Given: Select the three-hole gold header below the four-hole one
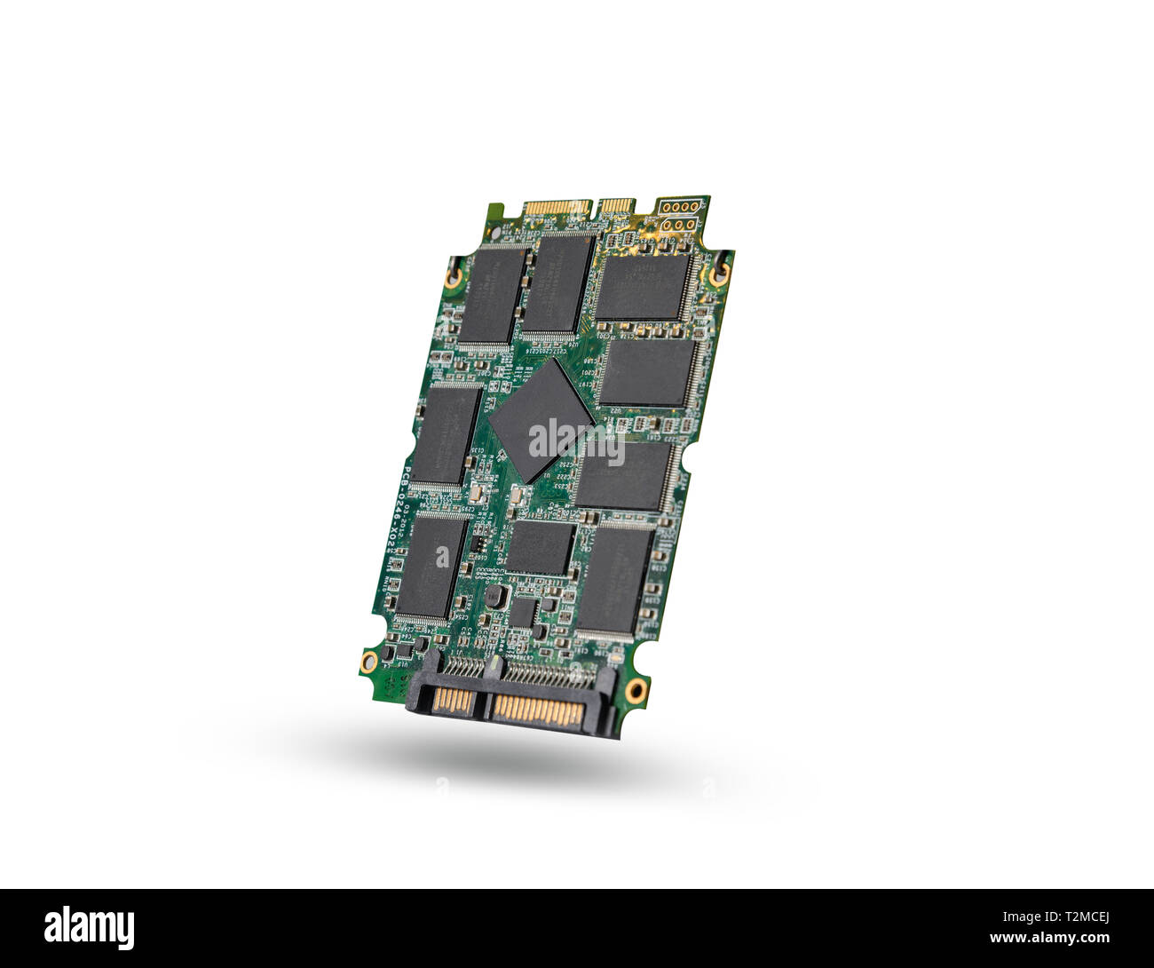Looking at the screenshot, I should click(677, 225).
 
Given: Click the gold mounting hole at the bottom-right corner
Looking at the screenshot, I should click(634, 690).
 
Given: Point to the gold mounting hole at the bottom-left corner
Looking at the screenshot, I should click(368, 660).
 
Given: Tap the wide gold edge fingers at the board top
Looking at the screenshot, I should click(557, 208).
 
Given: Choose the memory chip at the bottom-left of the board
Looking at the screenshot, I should click(430, 567).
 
